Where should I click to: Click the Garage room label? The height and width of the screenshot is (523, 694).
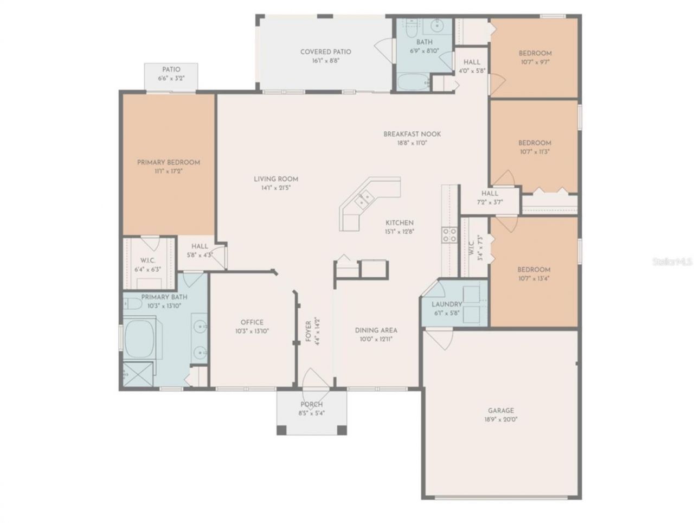[499, 411]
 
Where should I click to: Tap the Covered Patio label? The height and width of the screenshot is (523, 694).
[325, 52]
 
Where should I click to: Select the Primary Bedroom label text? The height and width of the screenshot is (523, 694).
[168, 162]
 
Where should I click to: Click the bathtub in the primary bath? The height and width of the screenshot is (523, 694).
[139, 339]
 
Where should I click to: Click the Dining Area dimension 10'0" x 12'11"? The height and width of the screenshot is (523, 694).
[376, 339]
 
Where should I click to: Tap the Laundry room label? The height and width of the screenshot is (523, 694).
[447, 304]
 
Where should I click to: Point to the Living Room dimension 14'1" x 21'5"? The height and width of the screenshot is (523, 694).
[276, 188]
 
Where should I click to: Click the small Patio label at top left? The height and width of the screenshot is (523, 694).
[171, 69]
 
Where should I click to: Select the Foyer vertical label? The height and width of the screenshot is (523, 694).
[309, 330]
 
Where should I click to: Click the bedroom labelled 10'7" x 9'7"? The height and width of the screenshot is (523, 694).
[535, 58]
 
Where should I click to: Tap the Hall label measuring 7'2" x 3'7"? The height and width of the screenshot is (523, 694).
[490, 197]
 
